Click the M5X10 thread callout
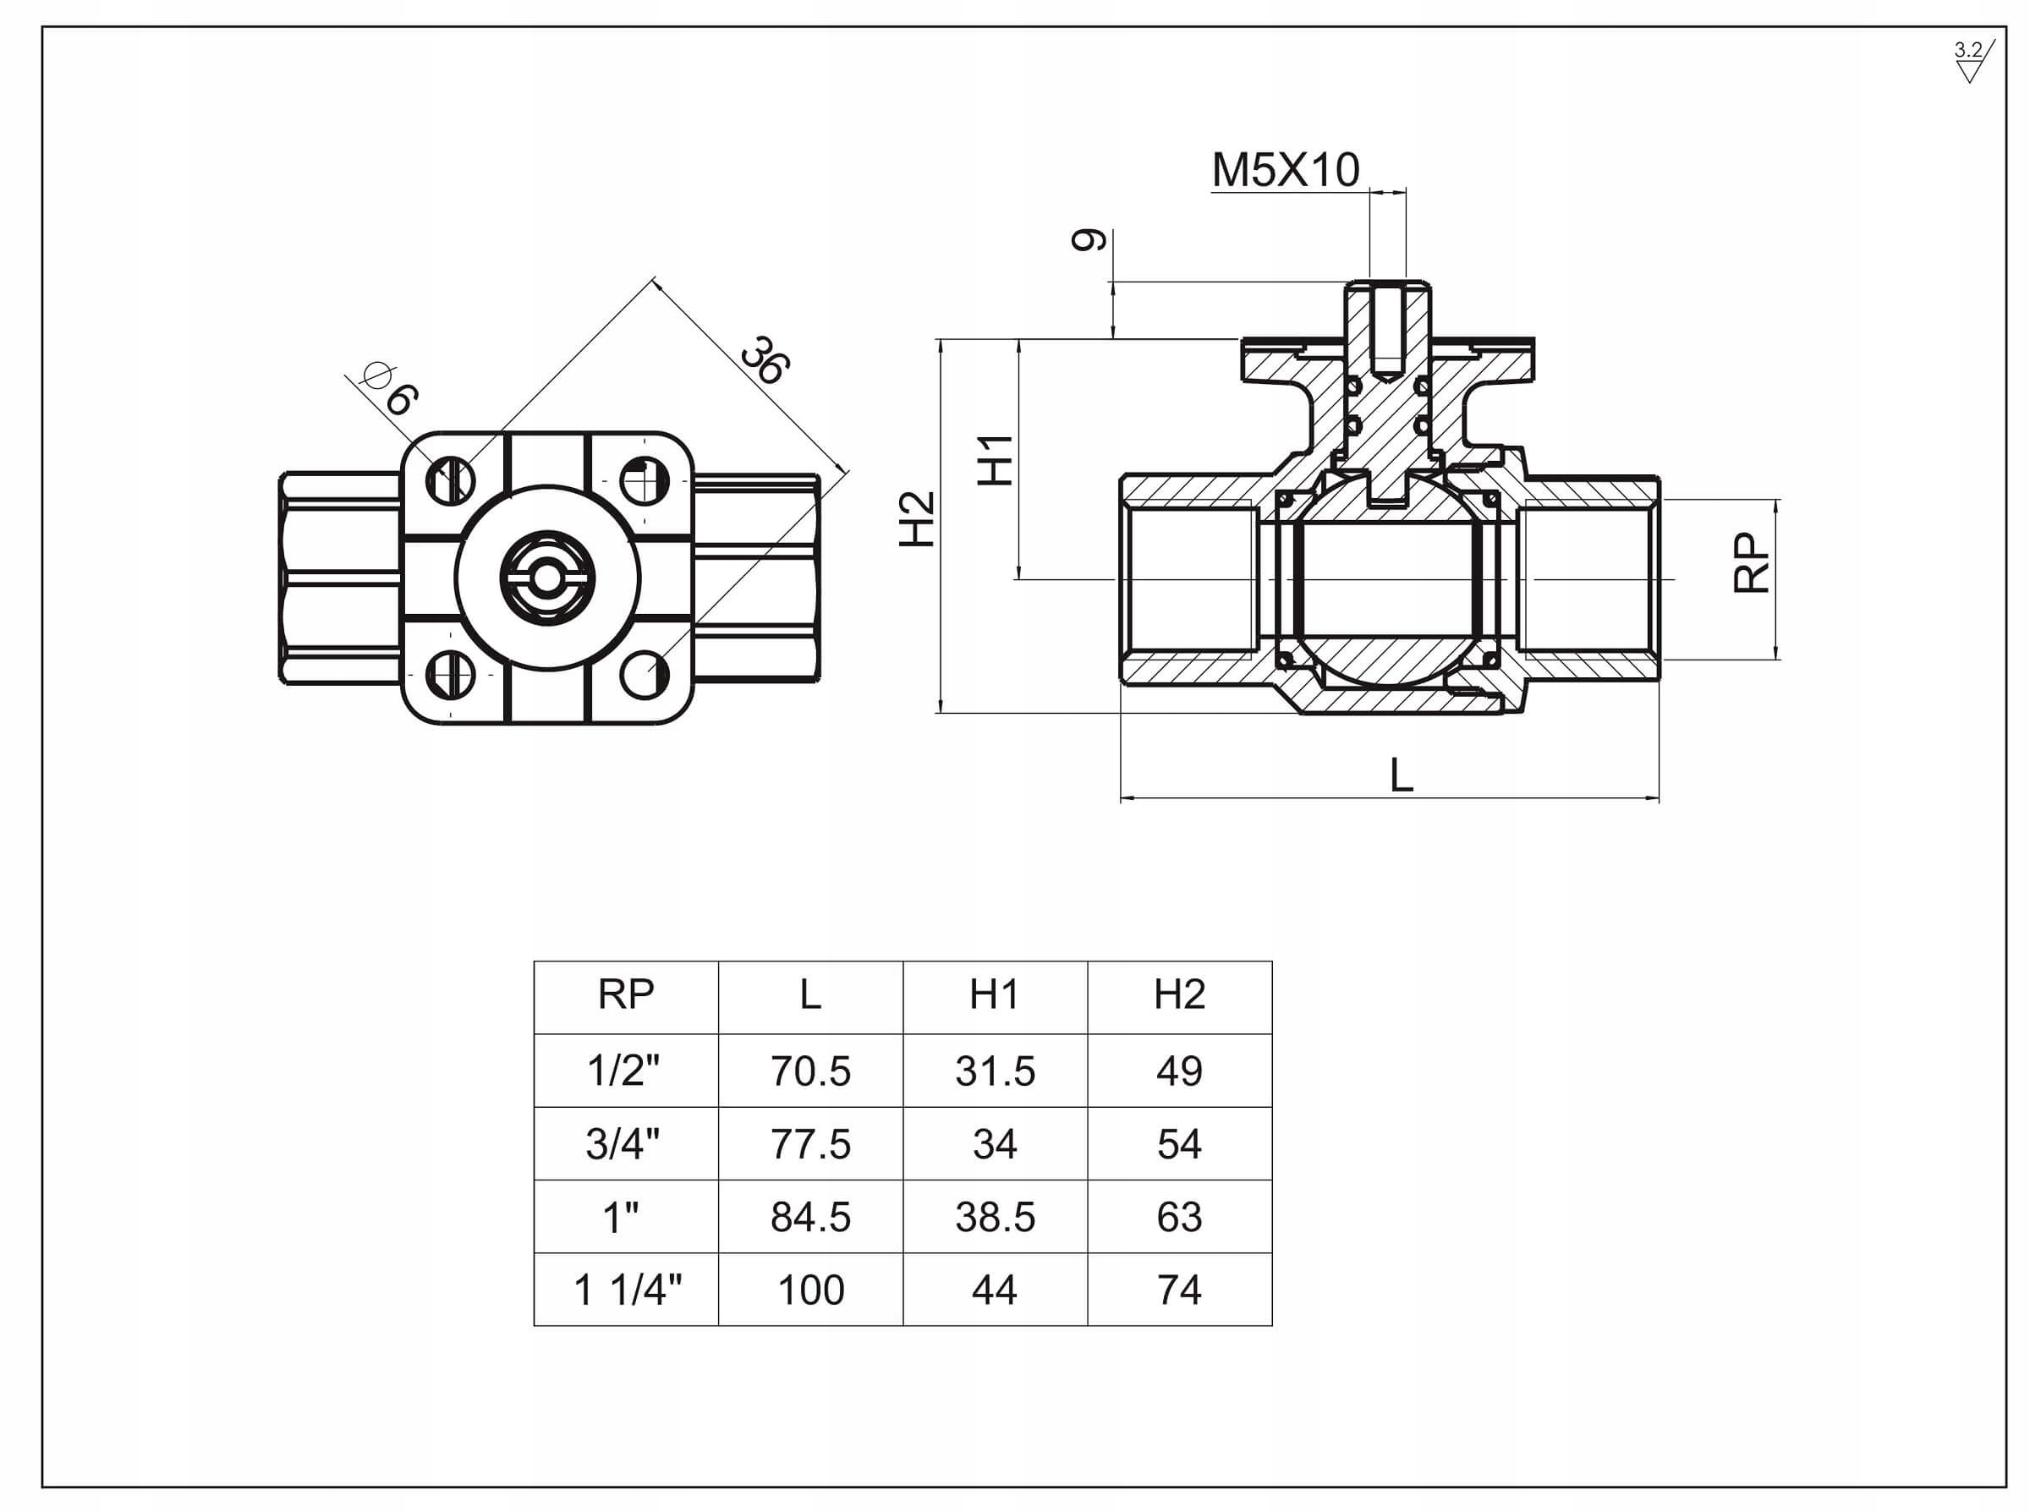1285,170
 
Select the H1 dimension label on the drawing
995,459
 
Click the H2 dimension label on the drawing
917,519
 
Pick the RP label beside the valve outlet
1751,563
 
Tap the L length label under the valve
1402,775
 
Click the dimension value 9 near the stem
1089,240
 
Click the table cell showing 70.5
810,1071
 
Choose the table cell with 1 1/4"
627,1290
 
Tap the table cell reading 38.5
995,1217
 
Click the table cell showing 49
1179,1071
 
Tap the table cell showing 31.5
995,1071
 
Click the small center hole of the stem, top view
546,578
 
